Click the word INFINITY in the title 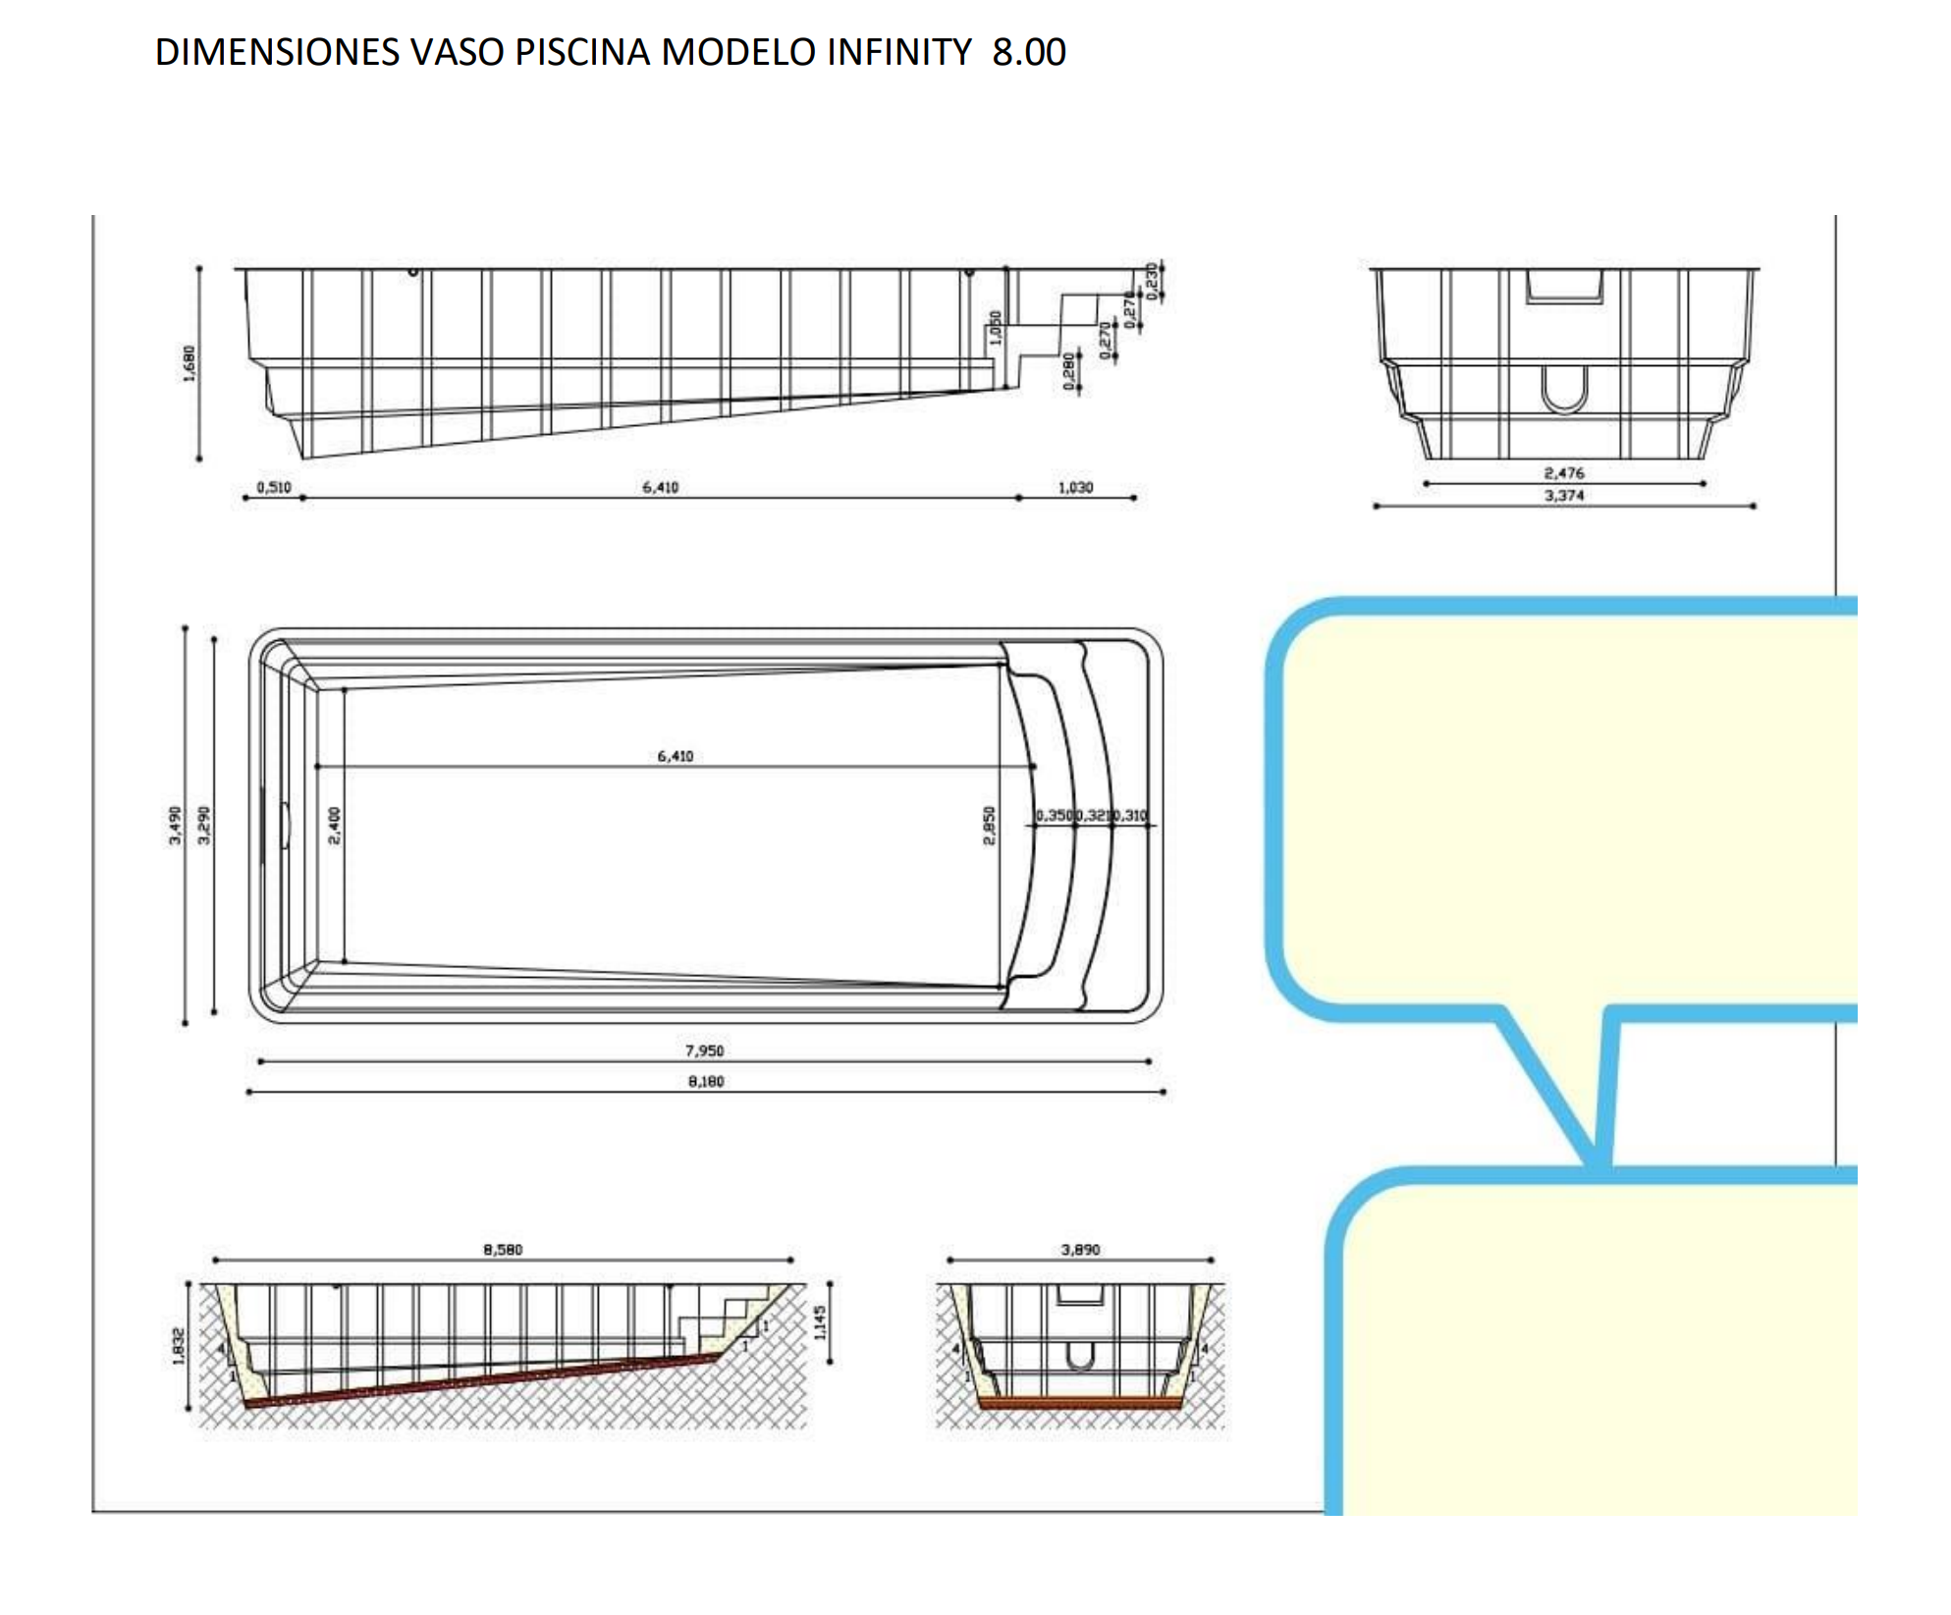[898, 52]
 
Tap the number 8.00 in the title [1028, 52]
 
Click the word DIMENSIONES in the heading [277, 52]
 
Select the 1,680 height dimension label [190, 363]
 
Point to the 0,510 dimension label [274, 487]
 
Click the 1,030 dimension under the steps [1075, 487]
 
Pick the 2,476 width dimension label [1563, 473]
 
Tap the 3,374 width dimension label [1563, 496]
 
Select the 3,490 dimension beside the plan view [175, 825]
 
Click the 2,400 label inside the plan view [335, 825]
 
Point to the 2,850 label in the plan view [990, 825]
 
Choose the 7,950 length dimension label [704, 1050]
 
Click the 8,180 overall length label [705, 1081]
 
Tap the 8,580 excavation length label [503, 1250]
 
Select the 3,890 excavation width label [1080, 1250]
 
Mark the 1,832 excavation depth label [179, 1346]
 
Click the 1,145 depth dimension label [820, 1322]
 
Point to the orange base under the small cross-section [1080, 1403]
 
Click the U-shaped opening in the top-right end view [1564, 390]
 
